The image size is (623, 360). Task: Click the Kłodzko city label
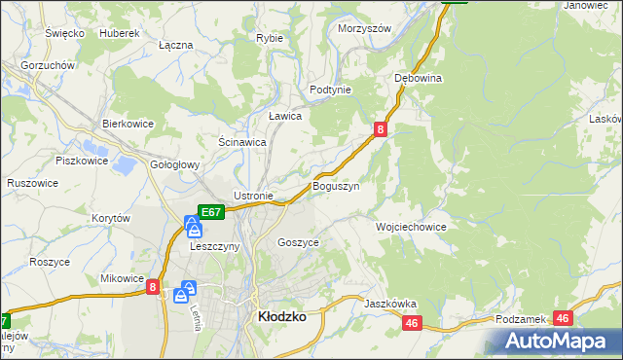pos(281,317)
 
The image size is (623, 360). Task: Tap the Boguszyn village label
pos(336,186)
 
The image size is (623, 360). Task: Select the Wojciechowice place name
pos(411,227)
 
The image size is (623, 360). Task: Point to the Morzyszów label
pos(364,29)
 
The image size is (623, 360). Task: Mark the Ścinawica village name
pos(242,142)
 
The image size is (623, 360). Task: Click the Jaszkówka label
pos(390,304)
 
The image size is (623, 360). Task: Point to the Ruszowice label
pos(32,183)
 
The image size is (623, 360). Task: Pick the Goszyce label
pos(298,242)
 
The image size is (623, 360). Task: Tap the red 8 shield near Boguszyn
pos(380,128)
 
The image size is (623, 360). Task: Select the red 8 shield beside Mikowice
pos(153,286)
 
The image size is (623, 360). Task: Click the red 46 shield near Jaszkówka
pos(412,323)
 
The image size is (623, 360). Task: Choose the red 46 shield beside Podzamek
pos(564,317)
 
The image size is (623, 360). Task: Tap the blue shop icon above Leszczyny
pos(194,229)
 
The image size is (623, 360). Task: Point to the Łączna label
pos(175,46)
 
